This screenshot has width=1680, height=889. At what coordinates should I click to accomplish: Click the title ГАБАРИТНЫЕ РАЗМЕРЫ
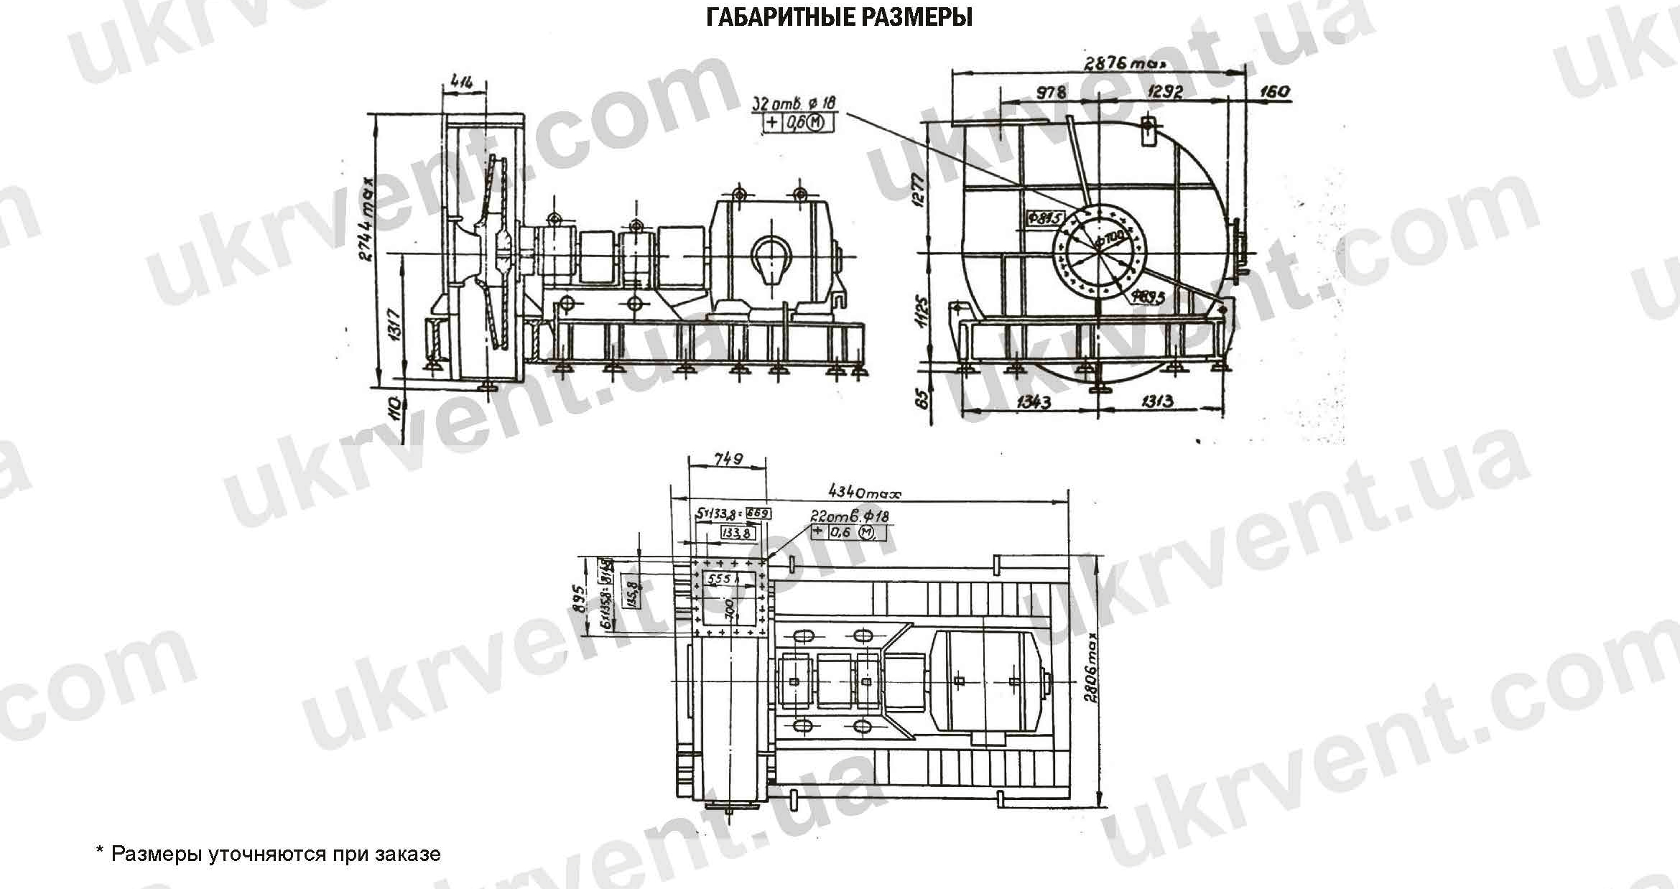tap(839, 17)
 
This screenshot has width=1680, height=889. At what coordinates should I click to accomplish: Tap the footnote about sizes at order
tap(267, 854)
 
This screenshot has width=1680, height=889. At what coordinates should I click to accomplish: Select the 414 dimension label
tap(462, 83)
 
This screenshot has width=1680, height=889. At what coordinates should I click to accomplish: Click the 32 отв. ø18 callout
tap(794, 104)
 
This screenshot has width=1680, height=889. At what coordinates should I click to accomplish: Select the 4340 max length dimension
tap(864, 493)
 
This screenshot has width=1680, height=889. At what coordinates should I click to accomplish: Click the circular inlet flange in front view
tap(1099, 248)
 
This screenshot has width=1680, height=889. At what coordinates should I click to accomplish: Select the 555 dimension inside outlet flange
tap(719, 579)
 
